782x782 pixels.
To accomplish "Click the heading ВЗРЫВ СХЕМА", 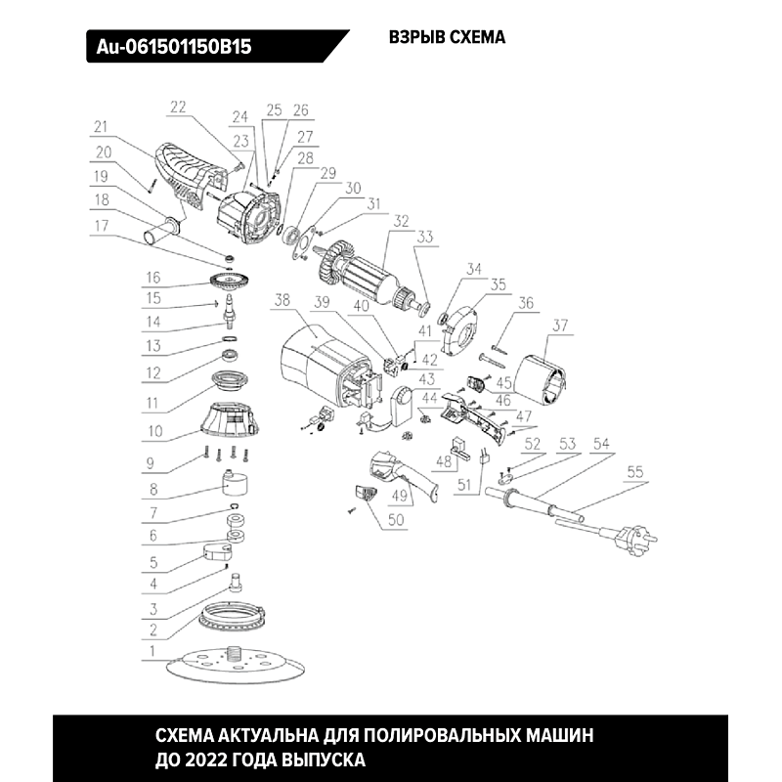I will (x=447, y=38).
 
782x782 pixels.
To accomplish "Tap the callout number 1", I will (x=152, y=649).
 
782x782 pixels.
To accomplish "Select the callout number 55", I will (x=635, y=471).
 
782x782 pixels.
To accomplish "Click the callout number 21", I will (x=100, y=126).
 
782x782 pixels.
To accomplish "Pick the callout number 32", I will (x=399, y=221).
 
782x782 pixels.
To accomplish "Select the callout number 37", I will (x=559, y=325).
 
